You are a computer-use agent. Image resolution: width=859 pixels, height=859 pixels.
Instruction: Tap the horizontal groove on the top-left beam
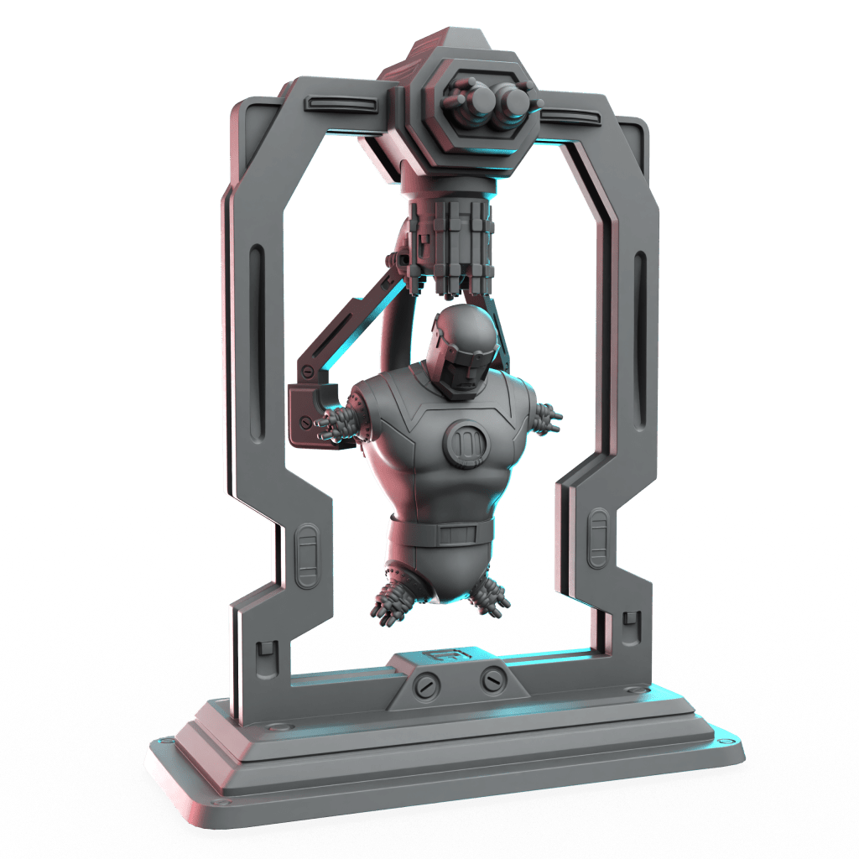338,103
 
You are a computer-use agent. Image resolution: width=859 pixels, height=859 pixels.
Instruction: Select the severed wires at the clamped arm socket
336,424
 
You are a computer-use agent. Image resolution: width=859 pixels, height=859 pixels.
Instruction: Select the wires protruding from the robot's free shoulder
549,418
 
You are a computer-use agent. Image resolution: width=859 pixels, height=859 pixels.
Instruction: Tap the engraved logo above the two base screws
438,658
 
